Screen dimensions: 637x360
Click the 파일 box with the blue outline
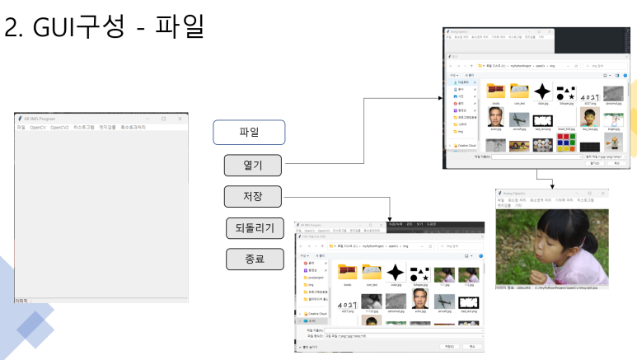coord(249,132)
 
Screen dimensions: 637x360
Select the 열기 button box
coord(253,165)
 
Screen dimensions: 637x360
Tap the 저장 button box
coord(253,196)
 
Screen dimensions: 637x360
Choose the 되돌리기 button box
coord(255,228)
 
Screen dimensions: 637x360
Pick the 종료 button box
coord(255,259)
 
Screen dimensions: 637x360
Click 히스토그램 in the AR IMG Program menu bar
coord(84,128)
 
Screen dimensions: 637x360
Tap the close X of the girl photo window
coord(606,192)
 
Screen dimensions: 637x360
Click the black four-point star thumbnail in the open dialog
coord(542,91)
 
